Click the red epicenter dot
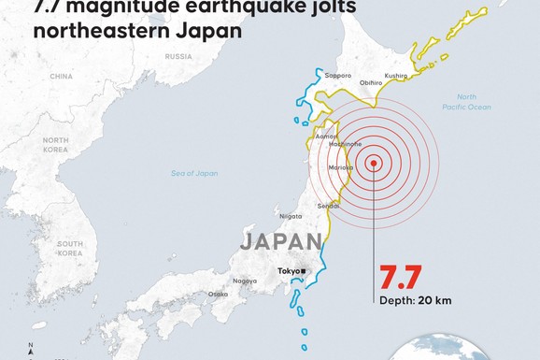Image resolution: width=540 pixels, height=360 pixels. pyautogui.click(x=374, y=163)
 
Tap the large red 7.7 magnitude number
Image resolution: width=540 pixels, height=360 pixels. pyautogui.click(x=400, y=278)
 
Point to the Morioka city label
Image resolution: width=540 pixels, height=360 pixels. pyautogui.click(x=338, y=166)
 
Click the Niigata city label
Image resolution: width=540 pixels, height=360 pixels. pyautogui.click(x=291, y=216)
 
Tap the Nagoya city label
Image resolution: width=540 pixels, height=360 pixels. pyautogui.click(x=246, y=281)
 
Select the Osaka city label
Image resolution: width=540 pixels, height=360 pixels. pyautogui.click(x=218, y=294)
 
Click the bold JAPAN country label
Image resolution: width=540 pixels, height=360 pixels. pyautogui.click(x=280, y=241)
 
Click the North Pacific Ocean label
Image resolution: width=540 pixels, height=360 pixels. pyautogui.click(x=473, y=102)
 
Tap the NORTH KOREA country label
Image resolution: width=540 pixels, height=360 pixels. pyautogui.click(x=55, y=145)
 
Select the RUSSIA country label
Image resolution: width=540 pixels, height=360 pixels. pyautogui.click(x=178, y=55)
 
